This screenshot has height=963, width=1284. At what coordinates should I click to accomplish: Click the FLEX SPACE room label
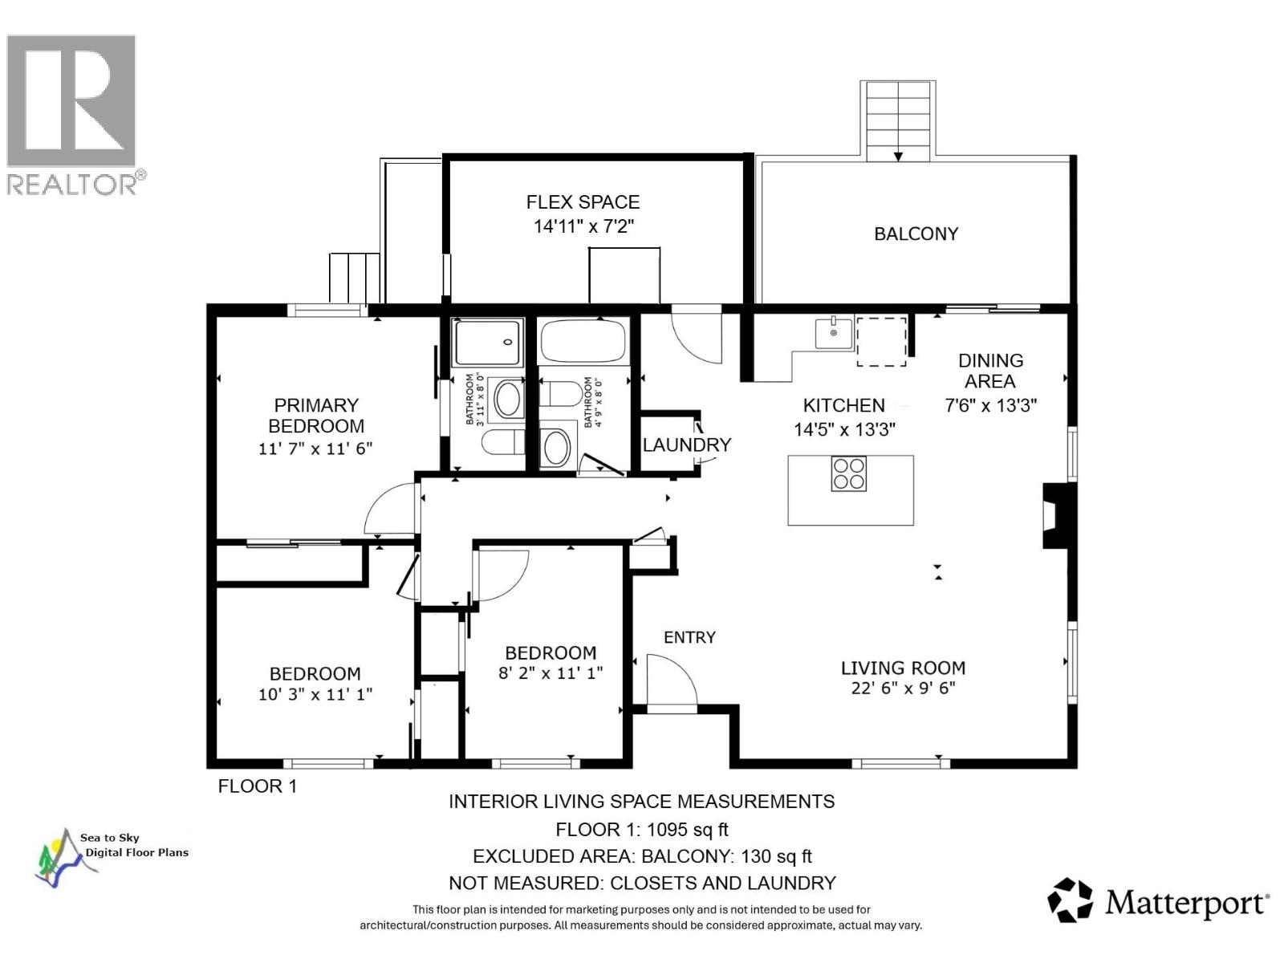click(583, 202)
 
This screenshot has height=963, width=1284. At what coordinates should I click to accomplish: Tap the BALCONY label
click(916, 234)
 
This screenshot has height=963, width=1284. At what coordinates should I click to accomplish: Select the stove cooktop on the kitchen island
click(848, 473)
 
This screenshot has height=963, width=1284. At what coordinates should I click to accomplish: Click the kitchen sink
click(834, 332)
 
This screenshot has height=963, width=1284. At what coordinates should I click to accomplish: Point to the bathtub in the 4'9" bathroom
click(583, 341)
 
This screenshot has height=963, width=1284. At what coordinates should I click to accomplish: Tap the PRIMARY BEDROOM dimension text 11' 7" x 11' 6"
click(315, 449)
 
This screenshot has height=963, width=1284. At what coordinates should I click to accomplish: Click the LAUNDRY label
click(687, 445)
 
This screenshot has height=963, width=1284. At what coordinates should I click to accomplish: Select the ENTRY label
click(689, 637)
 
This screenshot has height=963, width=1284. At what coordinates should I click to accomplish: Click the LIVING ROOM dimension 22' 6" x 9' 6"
click(903, 688)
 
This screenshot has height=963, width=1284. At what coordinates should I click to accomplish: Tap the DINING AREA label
click(990, 371)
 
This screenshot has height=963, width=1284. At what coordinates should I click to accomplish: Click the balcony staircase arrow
click(898, 155)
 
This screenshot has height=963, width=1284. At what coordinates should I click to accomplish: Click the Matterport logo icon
click(1071, 900)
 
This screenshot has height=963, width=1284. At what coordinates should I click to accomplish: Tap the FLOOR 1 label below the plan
click(258, 786)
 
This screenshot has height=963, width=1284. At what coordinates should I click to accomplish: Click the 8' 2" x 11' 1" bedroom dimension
click(551, 673)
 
